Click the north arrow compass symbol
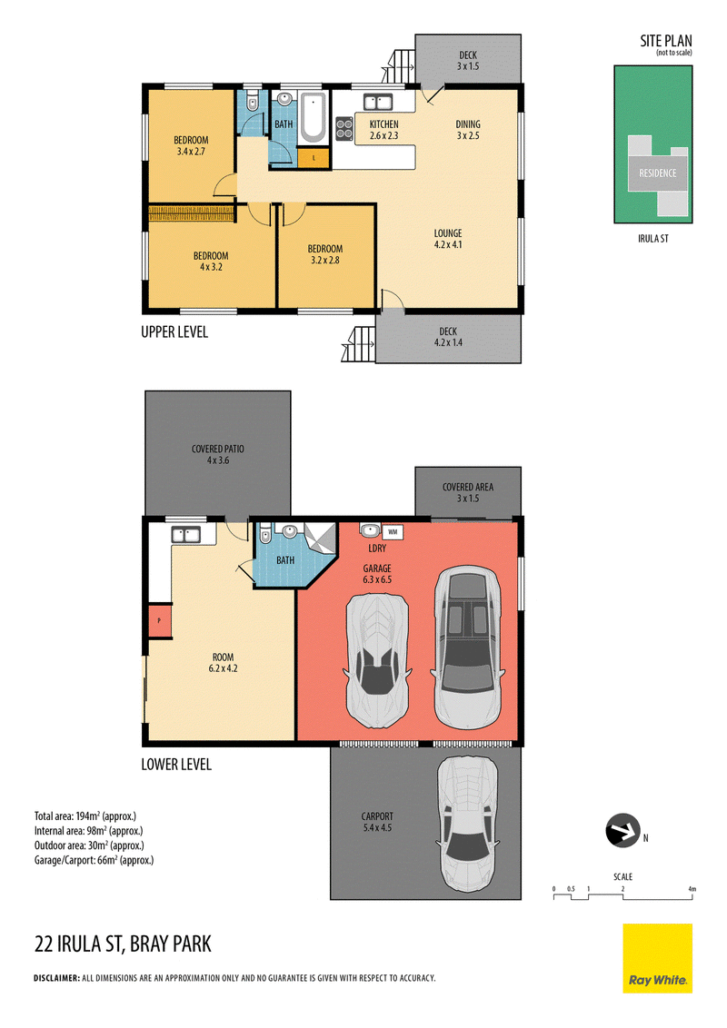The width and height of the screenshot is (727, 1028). (622, 830)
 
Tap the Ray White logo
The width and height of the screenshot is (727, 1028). (657, 958)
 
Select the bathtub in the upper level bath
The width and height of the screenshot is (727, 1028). (313, 117)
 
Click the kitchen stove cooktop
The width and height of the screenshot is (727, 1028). (344, 129)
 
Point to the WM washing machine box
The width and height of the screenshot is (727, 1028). (393, 531)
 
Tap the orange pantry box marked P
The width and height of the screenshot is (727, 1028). (158, 620)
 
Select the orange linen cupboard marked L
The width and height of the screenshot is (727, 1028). (313, 158)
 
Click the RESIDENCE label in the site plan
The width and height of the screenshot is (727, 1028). (657, 173)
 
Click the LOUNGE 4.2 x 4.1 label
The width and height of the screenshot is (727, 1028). (448, 239)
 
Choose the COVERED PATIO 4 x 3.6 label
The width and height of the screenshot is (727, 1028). (217, 454)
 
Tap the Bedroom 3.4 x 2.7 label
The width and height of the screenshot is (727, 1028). (192, 145)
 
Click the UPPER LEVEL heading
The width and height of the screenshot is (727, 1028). (174, 332)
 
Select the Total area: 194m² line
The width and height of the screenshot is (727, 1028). (85, 816)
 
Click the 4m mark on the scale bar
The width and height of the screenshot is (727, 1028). (692, 889)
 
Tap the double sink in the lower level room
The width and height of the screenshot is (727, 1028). (186, 535)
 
